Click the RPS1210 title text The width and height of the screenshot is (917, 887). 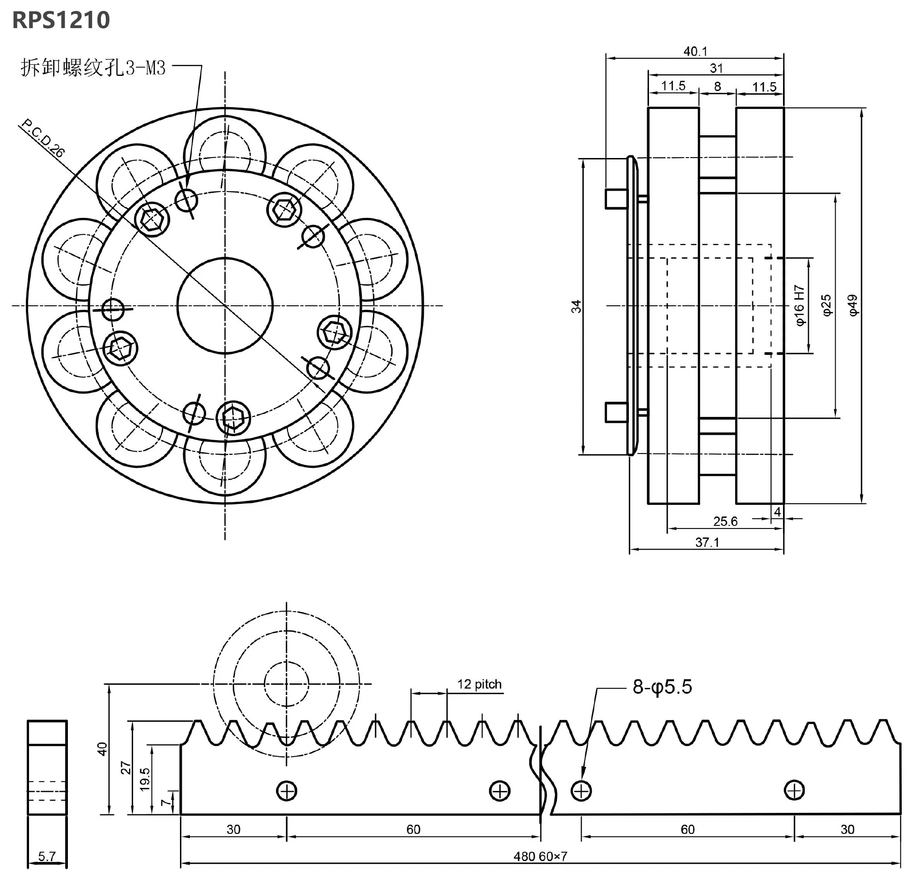[61, 20]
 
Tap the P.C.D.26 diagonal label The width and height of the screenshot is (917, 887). [43, 138]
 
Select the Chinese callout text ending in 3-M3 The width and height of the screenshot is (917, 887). [93, 68]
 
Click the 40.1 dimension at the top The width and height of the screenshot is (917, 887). [695, 51]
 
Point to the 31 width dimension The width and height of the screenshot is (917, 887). [716, 68]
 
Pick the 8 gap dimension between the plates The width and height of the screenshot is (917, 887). [717, 87]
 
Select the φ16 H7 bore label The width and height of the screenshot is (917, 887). [800, 305]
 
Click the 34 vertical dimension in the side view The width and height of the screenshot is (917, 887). [576, 306]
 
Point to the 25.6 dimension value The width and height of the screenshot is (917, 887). [725, 521]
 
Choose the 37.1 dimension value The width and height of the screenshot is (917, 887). [707, 542]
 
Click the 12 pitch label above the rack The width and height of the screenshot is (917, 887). [479, 684]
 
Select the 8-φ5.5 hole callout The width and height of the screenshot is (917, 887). [662, 687]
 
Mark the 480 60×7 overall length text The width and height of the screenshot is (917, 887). [540, 856]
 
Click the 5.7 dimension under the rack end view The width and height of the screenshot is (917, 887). [47, 856]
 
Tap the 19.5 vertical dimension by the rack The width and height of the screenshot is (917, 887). [145, 779]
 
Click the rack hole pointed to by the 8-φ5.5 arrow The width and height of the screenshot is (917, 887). [581, 791]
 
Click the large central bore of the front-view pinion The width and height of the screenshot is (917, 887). [225, 306]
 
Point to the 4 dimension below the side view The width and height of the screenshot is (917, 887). [777, 512]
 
